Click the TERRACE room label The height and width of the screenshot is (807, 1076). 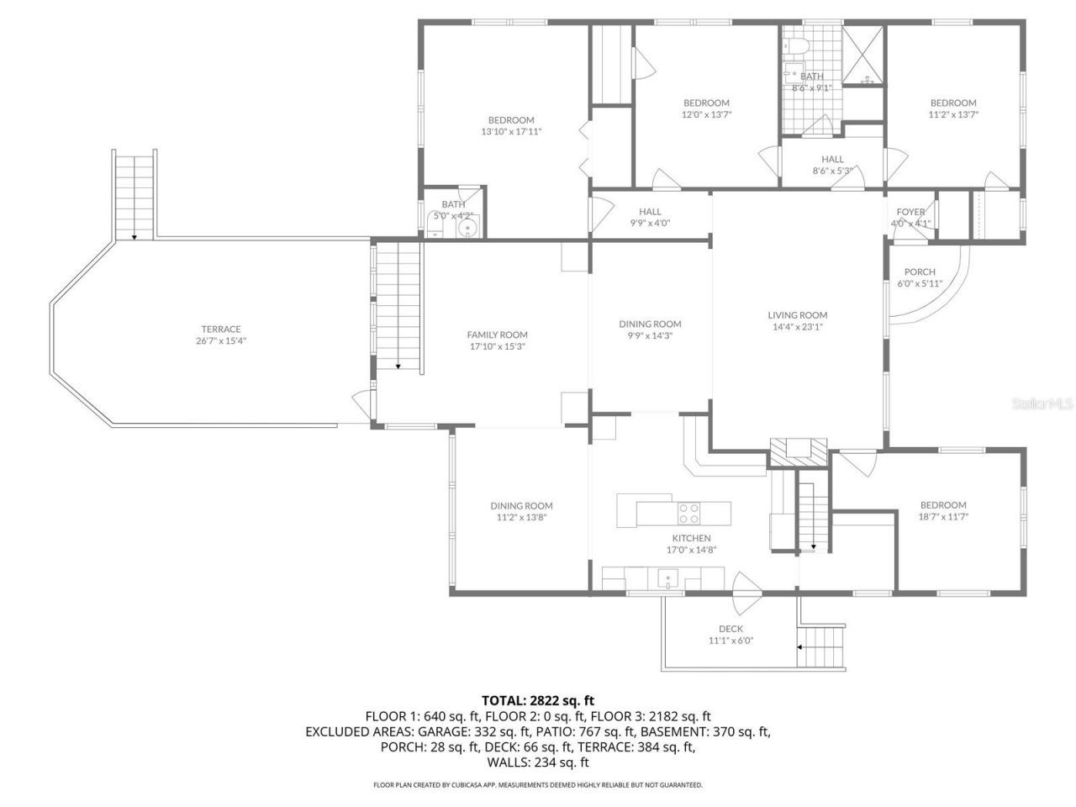click(221, 329)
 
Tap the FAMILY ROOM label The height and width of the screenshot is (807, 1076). click(498, 335)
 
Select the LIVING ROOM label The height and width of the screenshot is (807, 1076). click(798, 315)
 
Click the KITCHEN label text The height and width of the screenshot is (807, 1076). click(691, 538)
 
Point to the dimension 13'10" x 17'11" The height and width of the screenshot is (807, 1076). click(511, 131)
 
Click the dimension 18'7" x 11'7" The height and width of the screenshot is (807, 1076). click(942, 517)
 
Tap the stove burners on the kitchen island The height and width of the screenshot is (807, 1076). click(689, 513)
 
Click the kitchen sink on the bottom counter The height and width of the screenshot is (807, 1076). click(668, 578)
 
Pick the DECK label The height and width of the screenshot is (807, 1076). click(731, 629)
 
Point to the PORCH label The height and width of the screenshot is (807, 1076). click(920, 272)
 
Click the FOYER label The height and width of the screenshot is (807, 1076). click(910, 212)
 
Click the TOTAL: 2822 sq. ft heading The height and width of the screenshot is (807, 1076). click(538, 699)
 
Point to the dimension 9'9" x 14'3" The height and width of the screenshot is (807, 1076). click(650, 335)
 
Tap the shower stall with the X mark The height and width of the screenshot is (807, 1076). click(862, 55)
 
